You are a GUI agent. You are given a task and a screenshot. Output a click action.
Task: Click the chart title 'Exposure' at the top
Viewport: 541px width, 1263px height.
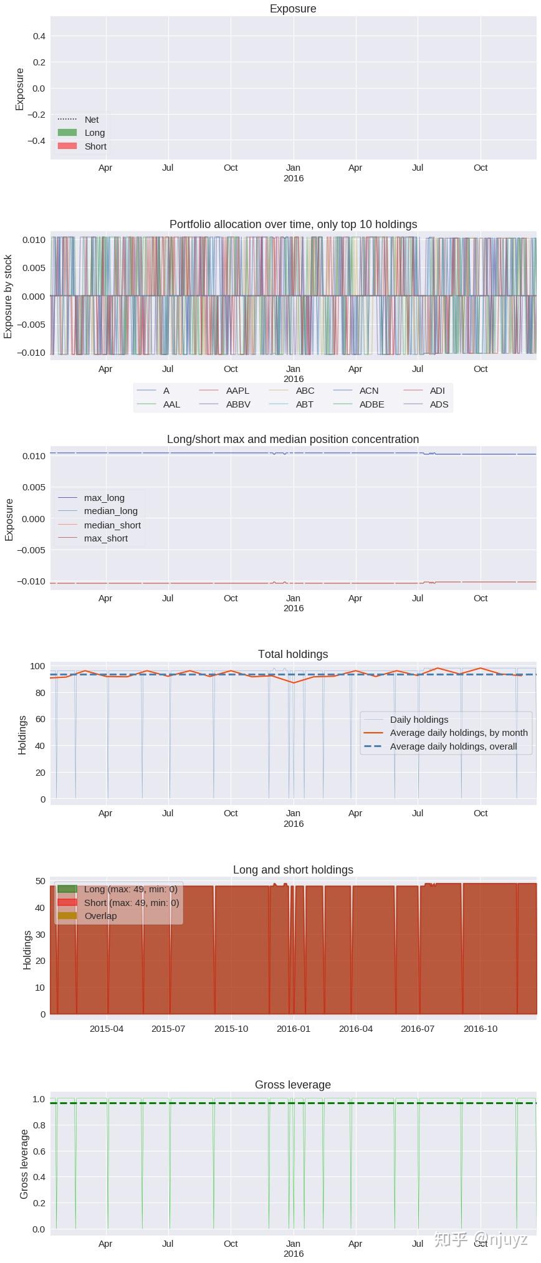293,9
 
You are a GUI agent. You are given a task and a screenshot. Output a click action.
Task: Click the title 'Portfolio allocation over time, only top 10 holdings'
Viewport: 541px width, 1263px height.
293,224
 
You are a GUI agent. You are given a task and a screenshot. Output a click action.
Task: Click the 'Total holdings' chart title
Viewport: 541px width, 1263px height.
293,654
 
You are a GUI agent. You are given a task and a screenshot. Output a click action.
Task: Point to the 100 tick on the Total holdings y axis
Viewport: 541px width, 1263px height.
37,666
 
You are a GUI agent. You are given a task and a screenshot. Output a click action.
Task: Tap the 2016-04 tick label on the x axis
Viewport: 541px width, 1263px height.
356,1029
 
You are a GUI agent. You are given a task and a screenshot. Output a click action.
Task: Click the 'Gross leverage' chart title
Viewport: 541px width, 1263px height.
293,1085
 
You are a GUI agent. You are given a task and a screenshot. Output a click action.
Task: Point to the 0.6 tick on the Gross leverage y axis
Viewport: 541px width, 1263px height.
39,1151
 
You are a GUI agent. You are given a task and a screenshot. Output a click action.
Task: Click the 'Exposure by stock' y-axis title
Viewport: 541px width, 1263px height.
8,296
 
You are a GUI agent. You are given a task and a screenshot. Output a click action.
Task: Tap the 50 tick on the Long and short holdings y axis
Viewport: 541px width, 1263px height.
40,881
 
